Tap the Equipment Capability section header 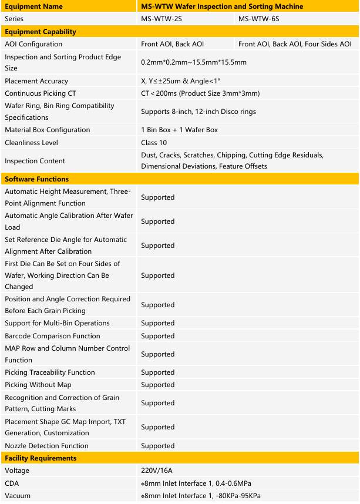(41, 32)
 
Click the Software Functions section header (36, 179)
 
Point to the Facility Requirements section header (41, 458)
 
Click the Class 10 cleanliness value (154, 143)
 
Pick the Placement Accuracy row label (36, 81)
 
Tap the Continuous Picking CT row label (41, 93)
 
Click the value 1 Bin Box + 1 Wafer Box (181, 130)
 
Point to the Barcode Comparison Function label (52, 336)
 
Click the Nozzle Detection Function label (46, 446)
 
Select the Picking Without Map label (38, 385)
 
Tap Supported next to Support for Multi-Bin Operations (157, 323)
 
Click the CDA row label (12, 483)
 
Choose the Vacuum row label (18, 496)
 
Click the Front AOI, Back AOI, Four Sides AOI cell (295, 44)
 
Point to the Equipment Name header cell (33, 6)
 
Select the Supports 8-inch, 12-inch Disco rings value (198, 112)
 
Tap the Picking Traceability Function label (50, 372)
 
